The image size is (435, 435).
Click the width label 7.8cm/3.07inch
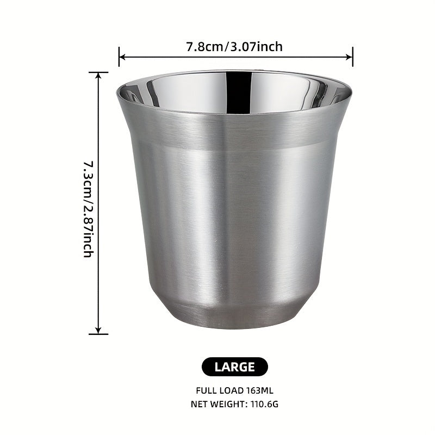235,46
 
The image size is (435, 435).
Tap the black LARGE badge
235,366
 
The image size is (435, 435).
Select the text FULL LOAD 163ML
235,390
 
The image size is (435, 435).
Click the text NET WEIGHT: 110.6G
235,404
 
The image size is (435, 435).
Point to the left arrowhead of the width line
122,57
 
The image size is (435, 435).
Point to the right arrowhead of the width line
350,57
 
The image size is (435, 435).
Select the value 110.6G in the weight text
265,404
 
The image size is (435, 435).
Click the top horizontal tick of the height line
98,72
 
